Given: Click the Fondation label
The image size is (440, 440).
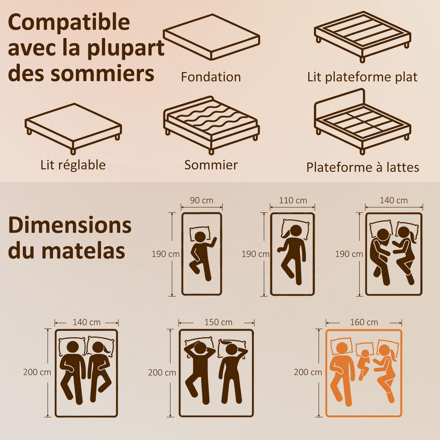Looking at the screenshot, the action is coord(211,77).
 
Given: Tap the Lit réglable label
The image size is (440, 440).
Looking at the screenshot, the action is coord(73,165).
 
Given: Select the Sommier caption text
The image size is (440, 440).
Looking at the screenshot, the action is coord(211,165).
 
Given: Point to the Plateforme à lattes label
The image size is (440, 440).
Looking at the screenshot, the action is coord(363,167).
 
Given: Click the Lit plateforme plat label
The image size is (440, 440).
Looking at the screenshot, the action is coord(362,77).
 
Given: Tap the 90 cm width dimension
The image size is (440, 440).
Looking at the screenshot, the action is coord(202,200).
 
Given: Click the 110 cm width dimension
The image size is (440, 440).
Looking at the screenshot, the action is coord(293,200).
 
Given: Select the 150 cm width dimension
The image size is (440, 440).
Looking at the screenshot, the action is coord(218,322).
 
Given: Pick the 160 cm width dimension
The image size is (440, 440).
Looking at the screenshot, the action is coord(364,322).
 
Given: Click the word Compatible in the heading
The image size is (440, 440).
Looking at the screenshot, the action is coord(69,22).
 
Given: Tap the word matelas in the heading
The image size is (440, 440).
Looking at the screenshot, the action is coord(83,251).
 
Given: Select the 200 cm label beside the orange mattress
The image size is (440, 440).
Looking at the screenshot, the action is coord(308,372).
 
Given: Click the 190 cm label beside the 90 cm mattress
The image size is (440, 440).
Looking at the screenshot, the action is coord(165,254).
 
